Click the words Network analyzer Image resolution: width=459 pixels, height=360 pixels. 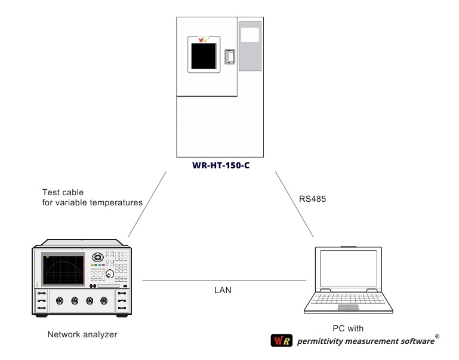(x=82, y=334)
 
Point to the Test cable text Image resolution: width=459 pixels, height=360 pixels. (x=63, y=192)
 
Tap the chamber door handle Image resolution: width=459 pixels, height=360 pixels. (x=230, y=57)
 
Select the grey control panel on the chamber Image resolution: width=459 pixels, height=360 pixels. (x=250, y=47)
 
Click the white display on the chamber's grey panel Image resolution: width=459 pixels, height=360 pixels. (x=250, y=33)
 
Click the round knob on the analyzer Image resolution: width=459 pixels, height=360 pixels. (x=110, y=275)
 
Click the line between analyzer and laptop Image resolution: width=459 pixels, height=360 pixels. (x=224, y=280)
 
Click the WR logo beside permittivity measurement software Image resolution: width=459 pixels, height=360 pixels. (x=279, y=341)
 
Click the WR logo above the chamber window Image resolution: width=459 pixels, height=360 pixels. (x=205, y=42)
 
